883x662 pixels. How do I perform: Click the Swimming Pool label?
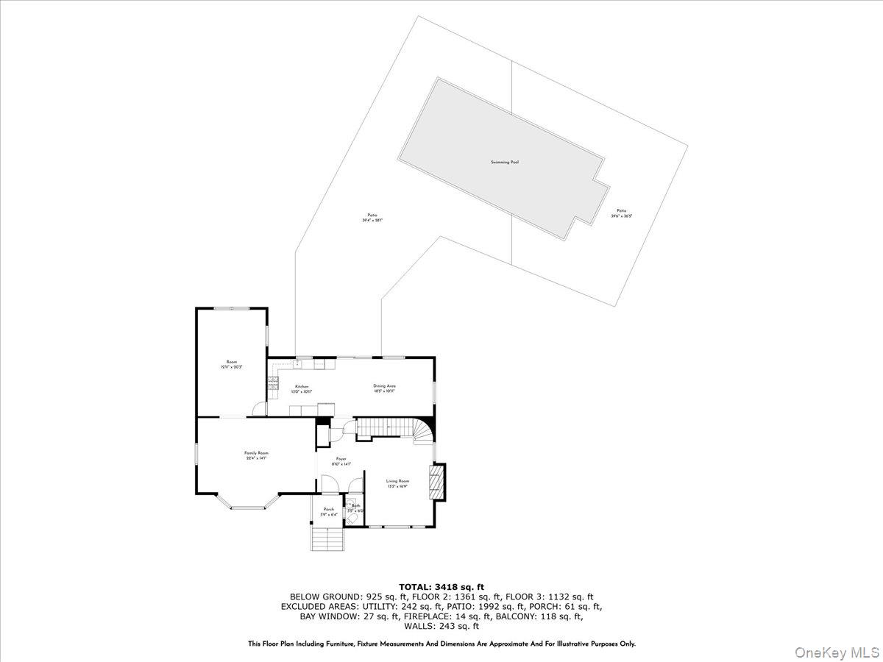505,162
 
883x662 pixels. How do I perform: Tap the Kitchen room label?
302,386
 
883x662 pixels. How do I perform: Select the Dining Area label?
385,385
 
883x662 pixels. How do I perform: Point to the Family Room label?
256,453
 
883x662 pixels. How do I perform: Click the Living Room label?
397,480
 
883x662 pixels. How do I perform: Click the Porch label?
329,509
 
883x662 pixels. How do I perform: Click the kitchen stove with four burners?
272,382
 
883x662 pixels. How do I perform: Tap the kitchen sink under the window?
298,363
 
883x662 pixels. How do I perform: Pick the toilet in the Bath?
350,519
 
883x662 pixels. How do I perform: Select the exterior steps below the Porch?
329,540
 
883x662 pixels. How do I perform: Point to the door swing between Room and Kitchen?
258,408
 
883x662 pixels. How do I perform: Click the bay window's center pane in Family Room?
250,508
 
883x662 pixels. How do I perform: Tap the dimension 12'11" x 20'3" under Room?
232,367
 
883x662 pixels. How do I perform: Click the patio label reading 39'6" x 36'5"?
622,216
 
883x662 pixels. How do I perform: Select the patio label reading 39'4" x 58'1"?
372,220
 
